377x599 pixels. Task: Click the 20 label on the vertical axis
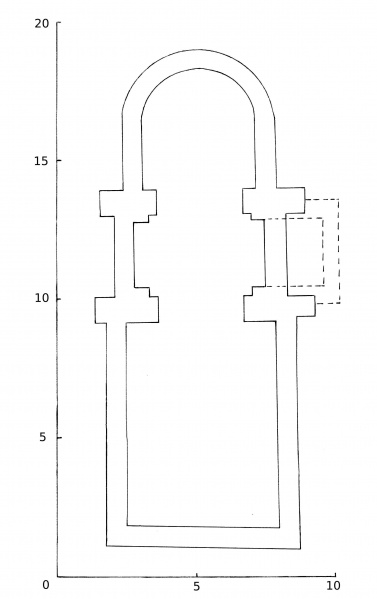(42, 23)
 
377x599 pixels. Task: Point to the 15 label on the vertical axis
(42, 161)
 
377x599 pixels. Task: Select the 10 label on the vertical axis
(42, 298)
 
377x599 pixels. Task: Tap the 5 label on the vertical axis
(42, 437)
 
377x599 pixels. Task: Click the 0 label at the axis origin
(46, 585)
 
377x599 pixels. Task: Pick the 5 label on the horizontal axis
(196, 586)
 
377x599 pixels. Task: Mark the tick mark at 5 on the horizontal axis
(197, 575)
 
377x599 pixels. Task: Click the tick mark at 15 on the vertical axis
(59, 160)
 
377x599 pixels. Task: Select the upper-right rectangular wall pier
(273, 201)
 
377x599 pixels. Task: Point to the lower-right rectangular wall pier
(280, 308)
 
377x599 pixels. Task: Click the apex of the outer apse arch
(199, 49)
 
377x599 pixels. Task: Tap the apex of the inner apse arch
(199, 68)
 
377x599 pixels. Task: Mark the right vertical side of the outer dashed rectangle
(339, 251)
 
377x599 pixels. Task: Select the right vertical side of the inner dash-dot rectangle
(323, 252)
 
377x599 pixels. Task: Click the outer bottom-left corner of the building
(107, 546)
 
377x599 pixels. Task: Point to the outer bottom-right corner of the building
(301, 549)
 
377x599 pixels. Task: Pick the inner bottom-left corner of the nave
(127, 525)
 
